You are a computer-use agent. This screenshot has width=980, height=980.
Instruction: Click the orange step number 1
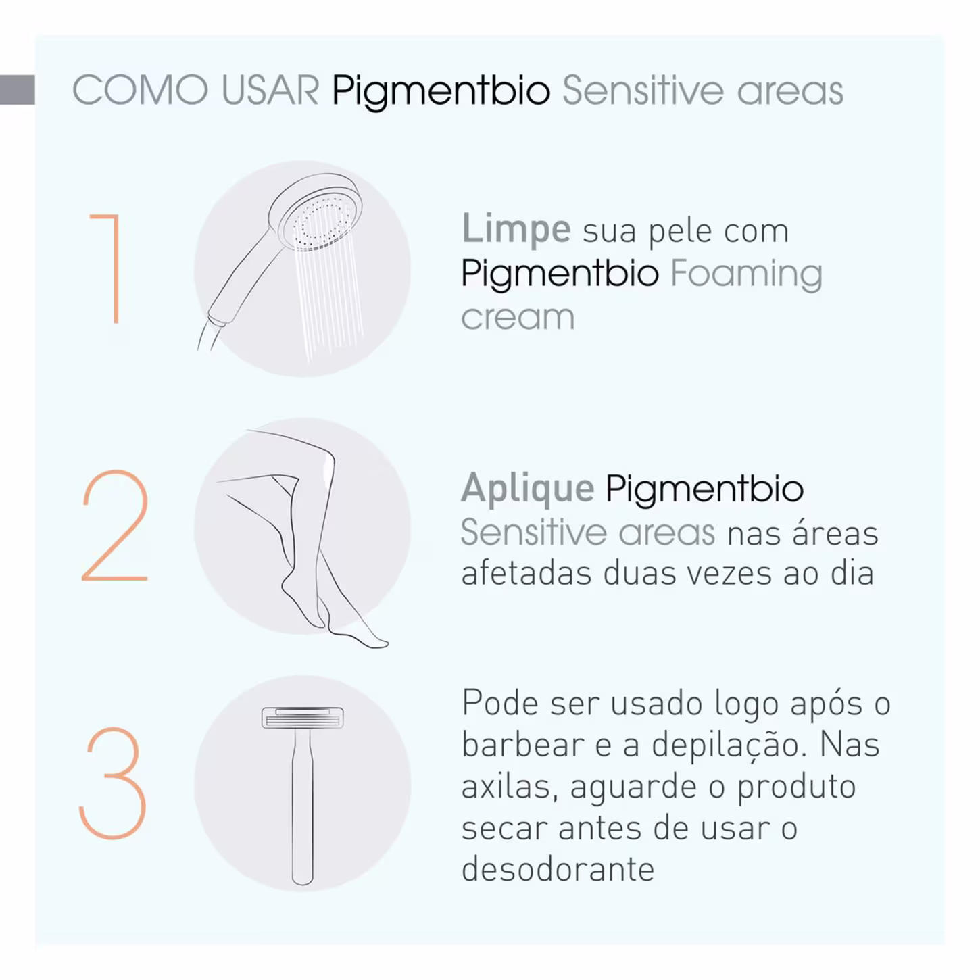click(x=116, y=254)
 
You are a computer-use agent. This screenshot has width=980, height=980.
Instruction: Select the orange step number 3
click(x=113, y=783)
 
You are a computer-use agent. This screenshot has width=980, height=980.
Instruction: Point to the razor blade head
click(x=303, y=718)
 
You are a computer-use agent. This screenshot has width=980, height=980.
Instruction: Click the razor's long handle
click(x=303, y=808)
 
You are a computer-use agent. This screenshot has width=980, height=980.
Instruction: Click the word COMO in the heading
click(x=141, y=91)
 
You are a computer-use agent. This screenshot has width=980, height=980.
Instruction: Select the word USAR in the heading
click(x=270, y=91)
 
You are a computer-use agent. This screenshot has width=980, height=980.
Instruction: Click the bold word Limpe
click(x=516, y=230)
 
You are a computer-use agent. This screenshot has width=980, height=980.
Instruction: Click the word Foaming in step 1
click(x=746, y=274)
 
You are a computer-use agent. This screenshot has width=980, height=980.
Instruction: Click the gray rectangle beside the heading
click(x=18, y=90)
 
